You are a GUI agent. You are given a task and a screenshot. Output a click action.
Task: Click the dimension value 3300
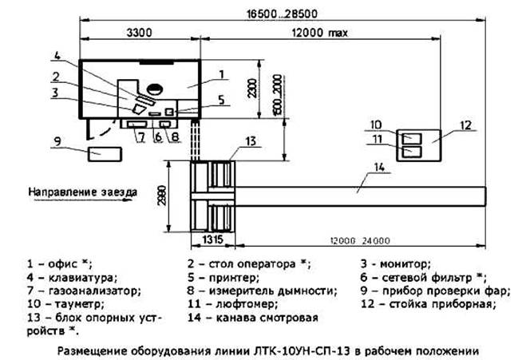[x=139, y=33]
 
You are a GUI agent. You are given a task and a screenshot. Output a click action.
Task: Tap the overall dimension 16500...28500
[x=282, y=14]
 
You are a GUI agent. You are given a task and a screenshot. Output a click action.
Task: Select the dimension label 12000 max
[x=320, y=33]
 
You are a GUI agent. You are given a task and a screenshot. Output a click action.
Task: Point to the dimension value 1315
[x=213, y=239]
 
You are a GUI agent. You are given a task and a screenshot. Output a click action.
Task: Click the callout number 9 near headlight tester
[x=57, y=141]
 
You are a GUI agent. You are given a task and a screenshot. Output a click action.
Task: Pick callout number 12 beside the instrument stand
[x=466, y=125]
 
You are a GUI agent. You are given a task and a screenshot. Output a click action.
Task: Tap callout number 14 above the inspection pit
[x=379, y=167]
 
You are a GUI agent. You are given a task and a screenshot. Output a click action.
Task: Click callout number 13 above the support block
[x=251, y=141]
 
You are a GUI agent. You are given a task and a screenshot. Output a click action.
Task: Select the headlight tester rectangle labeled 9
[x=105, y=154]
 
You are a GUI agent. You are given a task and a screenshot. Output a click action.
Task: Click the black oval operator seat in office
[x=155, y=89]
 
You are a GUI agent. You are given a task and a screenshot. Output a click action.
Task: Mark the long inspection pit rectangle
[x=360, y=196]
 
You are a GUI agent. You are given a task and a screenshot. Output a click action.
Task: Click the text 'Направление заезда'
[x=83, y=192]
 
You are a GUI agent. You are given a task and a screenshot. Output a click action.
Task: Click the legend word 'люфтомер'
[x=246, y=304]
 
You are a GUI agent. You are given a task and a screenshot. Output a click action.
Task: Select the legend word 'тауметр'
[x=77, y=304]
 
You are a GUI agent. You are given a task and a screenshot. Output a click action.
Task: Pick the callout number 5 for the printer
[x=221, y=100]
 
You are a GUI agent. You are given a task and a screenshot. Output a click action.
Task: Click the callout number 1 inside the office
[x=221, y=74]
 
